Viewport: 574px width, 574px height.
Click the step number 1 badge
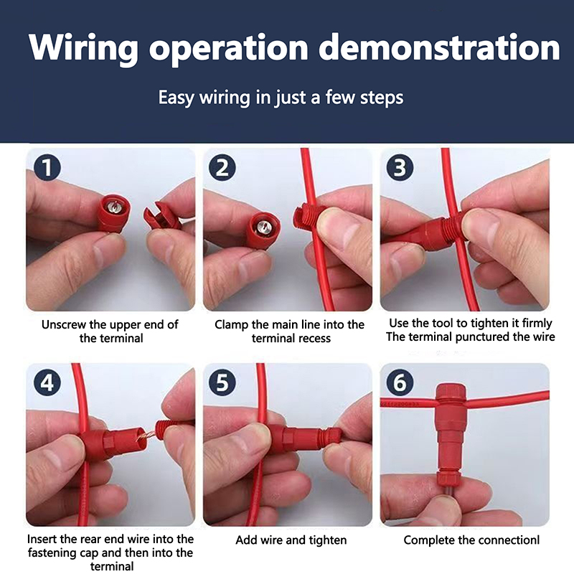(47, 168)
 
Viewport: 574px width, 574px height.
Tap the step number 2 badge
(222, 168)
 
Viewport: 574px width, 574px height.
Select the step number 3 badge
(400, 168)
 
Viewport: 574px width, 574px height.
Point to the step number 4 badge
(47, 382)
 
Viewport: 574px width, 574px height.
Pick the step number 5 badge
(222, 382)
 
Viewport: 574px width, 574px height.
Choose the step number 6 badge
(400, 382)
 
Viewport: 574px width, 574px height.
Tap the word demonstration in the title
(439, 47)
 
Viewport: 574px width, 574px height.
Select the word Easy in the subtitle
(176, 98)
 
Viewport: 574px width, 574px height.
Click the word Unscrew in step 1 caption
(64, 325)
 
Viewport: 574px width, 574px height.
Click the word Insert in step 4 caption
(42, 539)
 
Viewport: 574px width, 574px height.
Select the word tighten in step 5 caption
(328, 540)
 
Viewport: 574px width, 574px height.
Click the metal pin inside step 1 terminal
(113, 207)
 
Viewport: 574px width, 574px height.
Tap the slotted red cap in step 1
(160, 216)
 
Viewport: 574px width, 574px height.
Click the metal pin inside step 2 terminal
(264, 227)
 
